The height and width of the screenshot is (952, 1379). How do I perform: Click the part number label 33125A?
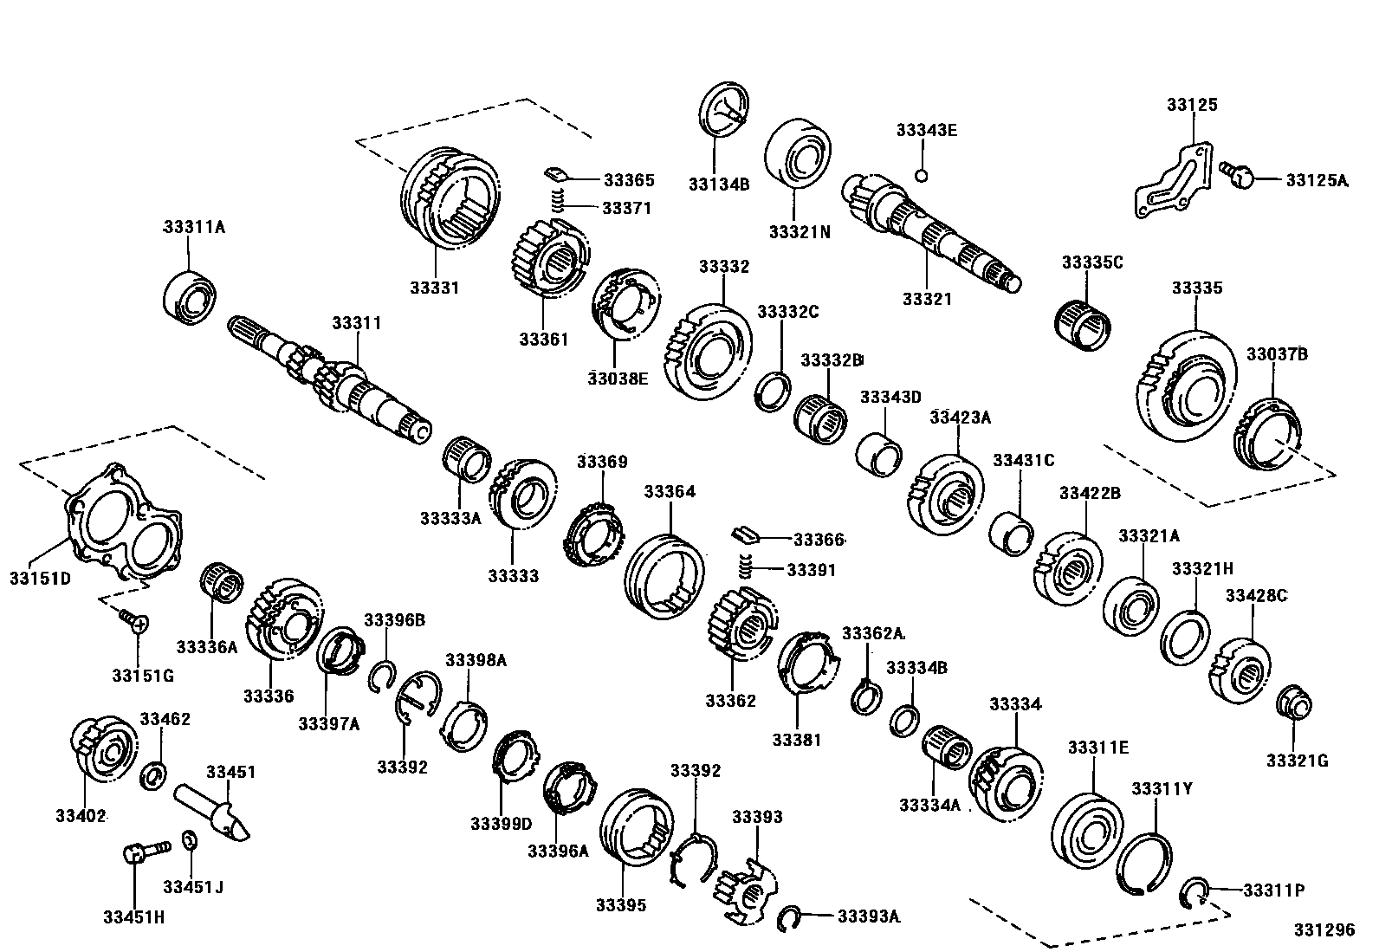pyautogui.click(x=1316, y=180)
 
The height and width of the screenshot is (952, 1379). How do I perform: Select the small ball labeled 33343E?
pyautogui.click(x=922, y=176)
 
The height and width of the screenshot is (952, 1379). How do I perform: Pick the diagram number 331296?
pyautogui.click(x=1324, y=929)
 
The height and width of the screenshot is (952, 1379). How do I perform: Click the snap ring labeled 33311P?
pyautogui.click(x=1194, y=892)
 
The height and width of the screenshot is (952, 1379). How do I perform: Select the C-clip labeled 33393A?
pyautogui.click(x=787, y=918)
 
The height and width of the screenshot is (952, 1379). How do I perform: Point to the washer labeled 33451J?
pyautogui.click(x=190, y=840)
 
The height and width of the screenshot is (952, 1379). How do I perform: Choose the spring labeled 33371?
pyautogui.click(x=560, y=203)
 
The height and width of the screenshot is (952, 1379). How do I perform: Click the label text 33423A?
pyautogui.click(x=960, y=418)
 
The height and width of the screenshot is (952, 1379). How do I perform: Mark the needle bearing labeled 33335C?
pyautogui.click(x=1083, y=327)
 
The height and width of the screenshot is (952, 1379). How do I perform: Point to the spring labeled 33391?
pyautogui.click(x=744, y=567)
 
